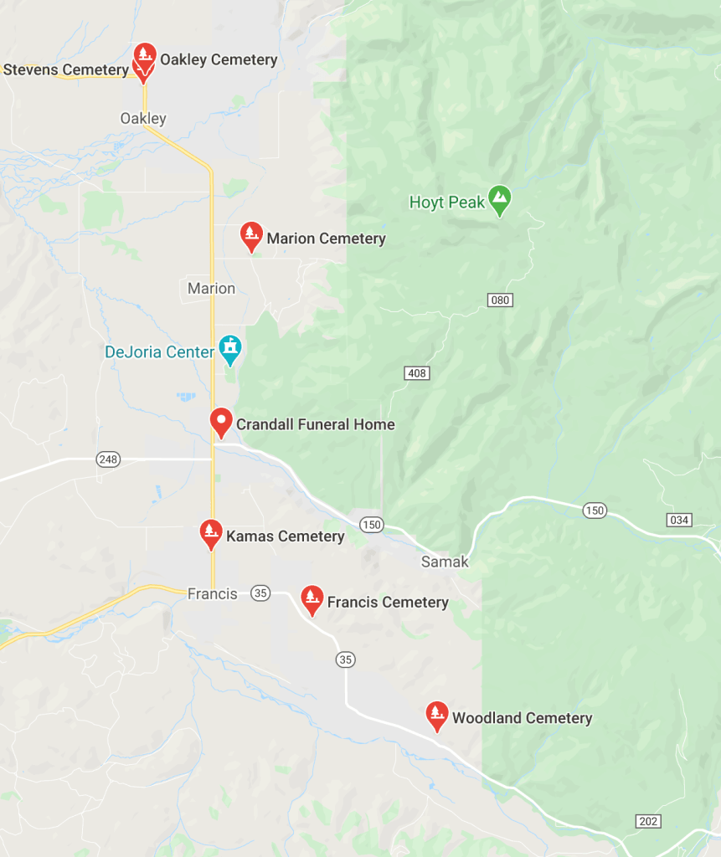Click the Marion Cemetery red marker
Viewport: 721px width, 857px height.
(251, 236)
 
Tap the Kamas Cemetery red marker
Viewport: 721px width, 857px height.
(211, 533)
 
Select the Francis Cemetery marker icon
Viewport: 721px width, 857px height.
(312, 599)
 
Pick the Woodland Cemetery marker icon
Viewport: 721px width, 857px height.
(436, 716)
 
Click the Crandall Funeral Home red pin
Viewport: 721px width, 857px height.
(221, 421)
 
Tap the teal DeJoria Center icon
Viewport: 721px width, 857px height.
(229, 347)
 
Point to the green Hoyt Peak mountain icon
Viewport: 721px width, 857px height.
(500, 199)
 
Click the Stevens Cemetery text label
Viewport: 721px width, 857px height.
(65, 69)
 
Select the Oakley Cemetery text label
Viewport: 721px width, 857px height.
(219, 59)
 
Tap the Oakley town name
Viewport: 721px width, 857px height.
(143, 119)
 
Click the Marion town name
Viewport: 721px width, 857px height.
(211, 289)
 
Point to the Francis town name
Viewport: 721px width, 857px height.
(212, 593)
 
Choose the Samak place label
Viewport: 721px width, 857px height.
(445, 562)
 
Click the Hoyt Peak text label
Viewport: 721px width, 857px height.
(447, 203)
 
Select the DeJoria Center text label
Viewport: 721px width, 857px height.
(160, 352)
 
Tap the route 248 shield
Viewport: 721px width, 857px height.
(108, 459)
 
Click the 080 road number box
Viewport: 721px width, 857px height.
(500, 300)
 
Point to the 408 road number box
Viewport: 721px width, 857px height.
(416, 372)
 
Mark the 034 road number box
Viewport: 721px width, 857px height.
(679, 520)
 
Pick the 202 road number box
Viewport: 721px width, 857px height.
(647, 821)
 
